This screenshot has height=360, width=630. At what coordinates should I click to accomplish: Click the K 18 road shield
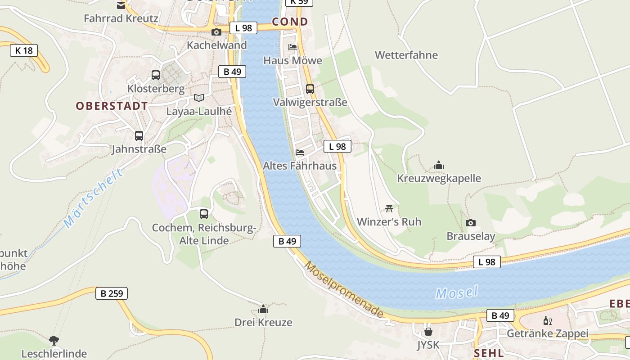coord(24,50)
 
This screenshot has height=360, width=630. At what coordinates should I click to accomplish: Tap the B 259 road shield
coord(112,293)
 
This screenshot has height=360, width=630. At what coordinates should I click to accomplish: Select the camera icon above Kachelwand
coord(216,32)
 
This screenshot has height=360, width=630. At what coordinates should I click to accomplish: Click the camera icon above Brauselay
coord(471,223)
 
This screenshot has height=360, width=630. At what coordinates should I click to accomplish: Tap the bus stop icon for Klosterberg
coord(156,75)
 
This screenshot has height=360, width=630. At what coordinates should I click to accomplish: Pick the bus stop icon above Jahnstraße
coord(139,135)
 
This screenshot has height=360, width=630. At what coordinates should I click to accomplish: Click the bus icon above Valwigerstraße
coord(310,89)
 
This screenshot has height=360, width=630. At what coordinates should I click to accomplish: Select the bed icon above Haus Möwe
coord(292,47)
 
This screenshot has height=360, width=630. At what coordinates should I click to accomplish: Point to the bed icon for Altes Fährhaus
coord(300,153)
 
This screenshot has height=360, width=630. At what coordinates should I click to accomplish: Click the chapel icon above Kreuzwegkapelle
coord(439,165)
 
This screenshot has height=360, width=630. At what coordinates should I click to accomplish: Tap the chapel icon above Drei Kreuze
coord(263,309)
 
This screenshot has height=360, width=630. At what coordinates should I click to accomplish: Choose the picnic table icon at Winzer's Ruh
coord(389,208)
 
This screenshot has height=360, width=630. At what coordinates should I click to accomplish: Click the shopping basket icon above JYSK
coord(428,332)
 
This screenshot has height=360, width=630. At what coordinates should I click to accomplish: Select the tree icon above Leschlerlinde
coord(54,340)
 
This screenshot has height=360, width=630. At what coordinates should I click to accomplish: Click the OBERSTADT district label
coord(112,106)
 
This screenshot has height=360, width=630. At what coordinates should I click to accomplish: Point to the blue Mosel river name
coord(456,293)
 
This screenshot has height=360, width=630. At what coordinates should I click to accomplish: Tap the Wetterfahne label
coord(406,55)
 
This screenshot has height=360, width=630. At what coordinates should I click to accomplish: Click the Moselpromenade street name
coord(344,289)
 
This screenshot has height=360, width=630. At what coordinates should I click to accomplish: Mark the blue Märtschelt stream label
coord(93,198)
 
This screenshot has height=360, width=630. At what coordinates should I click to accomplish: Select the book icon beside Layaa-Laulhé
coord(199,98)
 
